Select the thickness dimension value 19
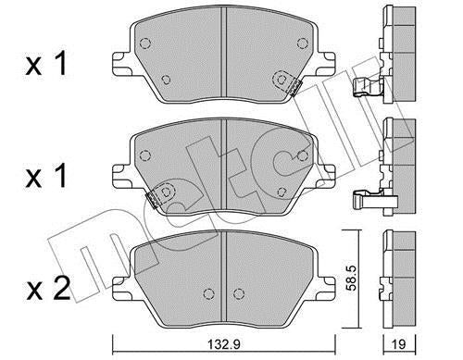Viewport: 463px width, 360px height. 397,344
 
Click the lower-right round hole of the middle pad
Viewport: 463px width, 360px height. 281,192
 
